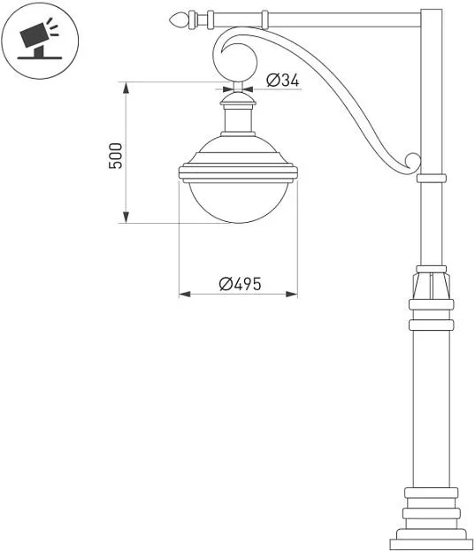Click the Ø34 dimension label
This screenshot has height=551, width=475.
coord(283,80)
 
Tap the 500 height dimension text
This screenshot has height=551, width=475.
coord(116,156)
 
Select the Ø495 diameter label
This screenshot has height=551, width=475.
coord(241,284)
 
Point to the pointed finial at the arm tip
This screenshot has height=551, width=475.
coord(179,19)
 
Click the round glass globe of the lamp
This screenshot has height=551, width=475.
coord(238,202)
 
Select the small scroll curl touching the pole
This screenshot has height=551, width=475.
coord(412,164)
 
